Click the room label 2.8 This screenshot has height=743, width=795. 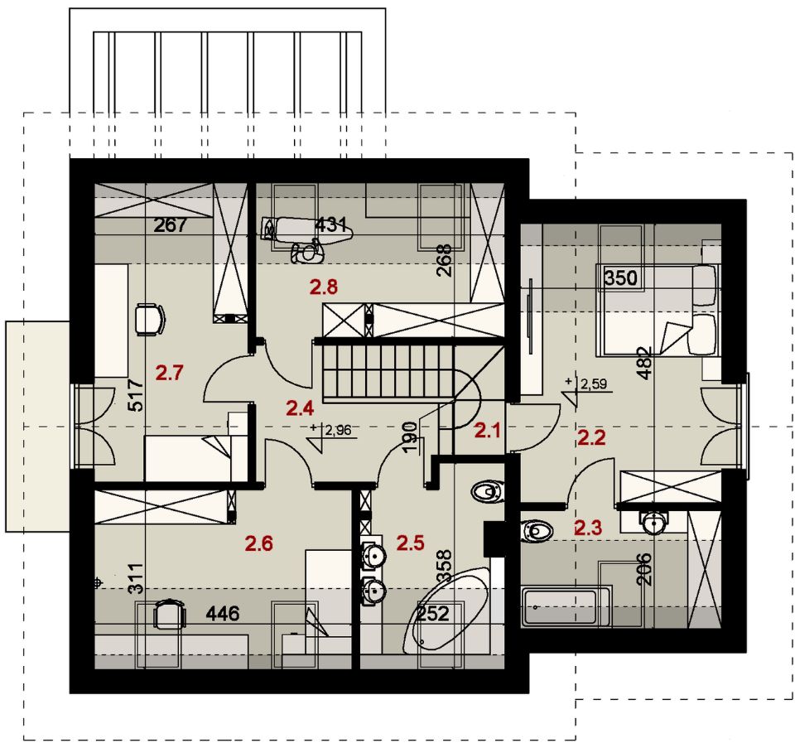pyautogui.click(x=324, y=287)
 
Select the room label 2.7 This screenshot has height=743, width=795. pyautogui.click(x=169, y=374)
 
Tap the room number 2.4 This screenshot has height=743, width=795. pyautogui.click(x=300, y=408)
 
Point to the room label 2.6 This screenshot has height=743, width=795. pyautogui.click(x=258, y=543)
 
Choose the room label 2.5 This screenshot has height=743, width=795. pyautogui.click(x=410, y=543)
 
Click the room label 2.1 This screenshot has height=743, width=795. pyautogui.click(x=487, y=431)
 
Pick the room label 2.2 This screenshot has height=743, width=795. pyautogui.click(x=591, y=437)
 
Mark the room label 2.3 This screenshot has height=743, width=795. pyautogui.click(x=588, y=528)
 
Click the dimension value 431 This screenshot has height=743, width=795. pyautogui.click(x=331, y=224)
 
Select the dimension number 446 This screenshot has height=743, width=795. pyautogui.click(x=223, y=614)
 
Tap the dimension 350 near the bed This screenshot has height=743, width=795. pyautogui.click(x=620, y=278)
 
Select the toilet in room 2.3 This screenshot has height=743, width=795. pyautogui.click(x=537, y=530)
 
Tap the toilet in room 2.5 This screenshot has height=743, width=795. pyautogui.click(x=488, y=491)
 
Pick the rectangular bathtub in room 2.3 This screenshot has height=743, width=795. pyautogui.click(x=566, y=607)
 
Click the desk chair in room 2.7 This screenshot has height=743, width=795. pyautogui.click(x=150, y=319)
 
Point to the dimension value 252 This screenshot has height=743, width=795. pyautogui.click(x=433, y=614)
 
